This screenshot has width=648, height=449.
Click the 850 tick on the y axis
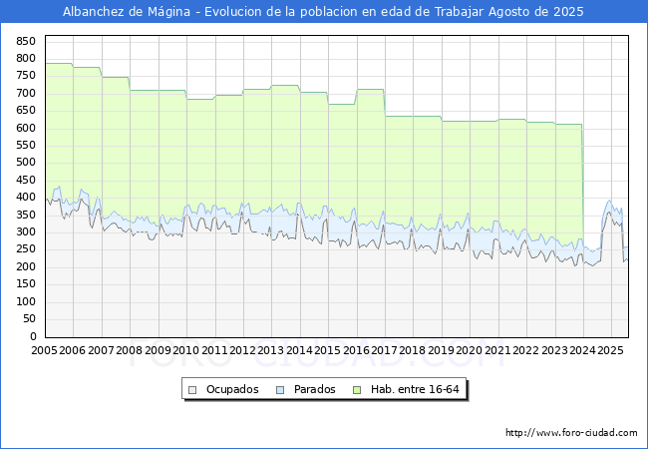[26, 41]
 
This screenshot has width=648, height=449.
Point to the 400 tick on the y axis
[26, 198]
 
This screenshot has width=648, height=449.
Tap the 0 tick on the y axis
[33, 336]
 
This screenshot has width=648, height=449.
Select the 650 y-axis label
[26, 111]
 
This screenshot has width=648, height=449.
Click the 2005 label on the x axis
[44, 350]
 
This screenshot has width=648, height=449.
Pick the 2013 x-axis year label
[270, 350]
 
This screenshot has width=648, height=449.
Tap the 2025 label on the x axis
[610, 350]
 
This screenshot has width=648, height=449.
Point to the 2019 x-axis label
[441, 350]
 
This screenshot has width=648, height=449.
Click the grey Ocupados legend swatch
[192, 390]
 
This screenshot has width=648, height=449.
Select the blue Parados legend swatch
[280, 390]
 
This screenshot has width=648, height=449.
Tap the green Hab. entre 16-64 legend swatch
[357, 390]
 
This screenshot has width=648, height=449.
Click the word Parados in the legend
[314, 389]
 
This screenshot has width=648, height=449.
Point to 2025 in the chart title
[568, 12]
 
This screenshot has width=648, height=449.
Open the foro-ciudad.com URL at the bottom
[571, 432]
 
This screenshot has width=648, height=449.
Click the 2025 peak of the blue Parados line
[609, 201]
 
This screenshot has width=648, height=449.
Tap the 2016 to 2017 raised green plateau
[371, 90]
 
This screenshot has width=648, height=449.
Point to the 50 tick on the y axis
[29, 318]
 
